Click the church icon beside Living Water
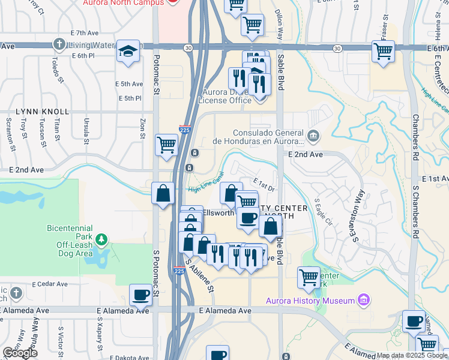pyautogui.click(x=59, y=44)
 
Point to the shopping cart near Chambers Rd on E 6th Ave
pyautogui.click(x=383, y=50)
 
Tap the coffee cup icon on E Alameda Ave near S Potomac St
pyautogui.click(x=141, y=295)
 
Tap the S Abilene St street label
pyautogui.click(x=199, y=275)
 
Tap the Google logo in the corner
pyautogui.click(x=19, y=353)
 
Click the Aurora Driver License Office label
pyautogui.click(x=220, y=96)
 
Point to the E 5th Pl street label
pyautogui.click(x=130, y=98)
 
